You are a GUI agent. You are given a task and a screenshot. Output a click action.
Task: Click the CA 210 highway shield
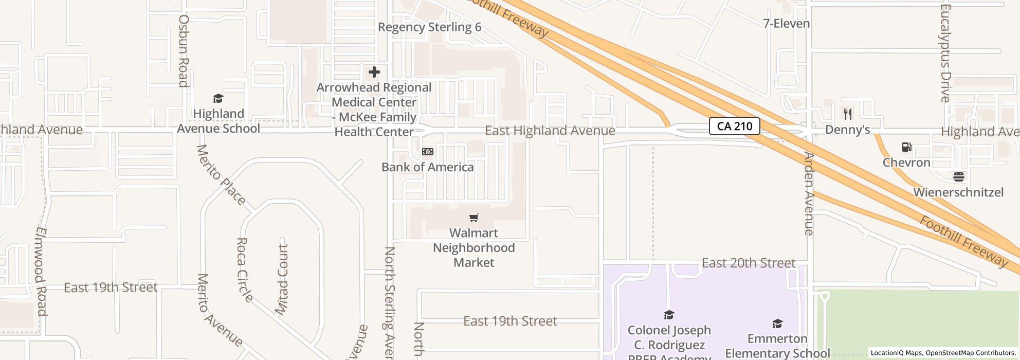point(734,126)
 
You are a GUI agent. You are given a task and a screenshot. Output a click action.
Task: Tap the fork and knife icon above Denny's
point(848,114)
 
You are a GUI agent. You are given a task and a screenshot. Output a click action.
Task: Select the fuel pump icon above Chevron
point(906,148)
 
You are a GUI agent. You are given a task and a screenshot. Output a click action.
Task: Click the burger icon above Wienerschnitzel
point(958,177)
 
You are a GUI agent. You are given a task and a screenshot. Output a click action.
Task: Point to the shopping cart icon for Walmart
point(474,218)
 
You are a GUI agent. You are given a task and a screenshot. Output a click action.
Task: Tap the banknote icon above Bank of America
point(428,152)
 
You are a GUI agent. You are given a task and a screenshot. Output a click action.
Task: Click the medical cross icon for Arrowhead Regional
point(374,73)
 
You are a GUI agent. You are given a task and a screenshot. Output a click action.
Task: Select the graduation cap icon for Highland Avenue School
point(218,99)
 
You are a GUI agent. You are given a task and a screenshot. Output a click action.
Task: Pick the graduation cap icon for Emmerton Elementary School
point(777,323)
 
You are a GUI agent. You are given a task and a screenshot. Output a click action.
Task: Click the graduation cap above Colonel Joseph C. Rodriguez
point(669,315)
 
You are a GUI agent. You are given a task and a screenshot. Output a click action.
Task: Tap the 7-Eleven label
point(786,24)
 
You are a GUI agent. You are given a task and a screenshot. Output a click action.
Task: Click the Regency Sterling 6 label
point(429,27)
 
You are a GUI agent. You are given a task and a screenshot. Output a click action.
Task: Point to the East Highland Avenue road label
point(550,131)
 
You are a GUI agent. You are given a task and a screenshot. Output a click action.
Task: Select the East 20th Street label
point(748,263)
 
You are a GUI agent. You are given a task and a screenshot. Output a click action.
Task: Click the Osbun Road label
point(184,50)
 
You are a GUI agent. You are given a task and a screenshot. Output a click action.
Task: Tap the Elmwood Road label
point(41,271)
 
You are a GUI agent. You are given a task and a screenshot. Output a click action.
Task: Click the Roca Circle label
point(245,269)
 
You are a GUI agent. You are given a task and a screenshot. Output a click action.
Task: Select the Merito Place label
point(221,175)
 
